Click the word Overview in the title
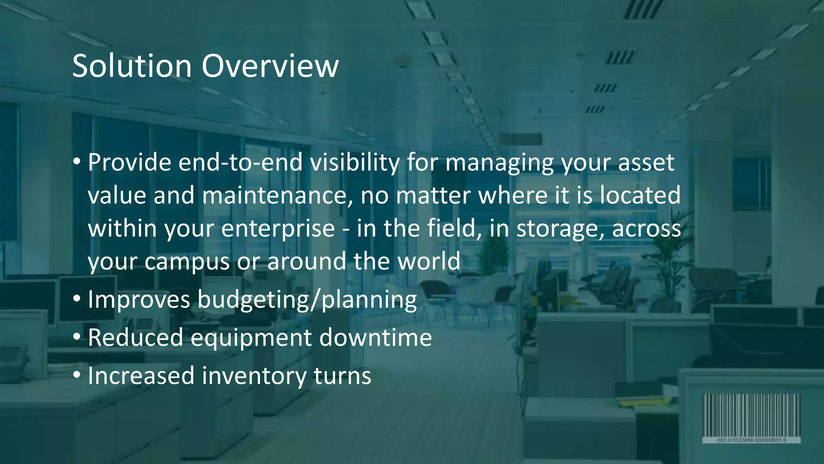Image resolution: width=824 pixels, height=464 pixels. pos(270,66)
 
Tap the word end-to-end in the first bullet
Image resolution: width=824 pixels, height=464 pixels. pos(240,162)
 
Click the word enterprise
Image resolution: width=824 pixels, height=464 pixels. pos(278,228)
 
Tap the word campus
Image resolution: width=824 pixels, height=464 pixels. pos(187,261)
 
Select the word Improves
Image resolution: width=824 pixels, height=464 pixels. pos(139,300)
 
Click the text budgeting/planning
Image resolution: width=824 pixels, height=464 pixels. pos(307,300)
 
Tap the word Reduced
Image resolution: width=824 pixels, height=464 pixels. pos(135,338)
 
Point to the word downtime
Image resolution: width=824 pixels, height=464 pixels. pos(375,338)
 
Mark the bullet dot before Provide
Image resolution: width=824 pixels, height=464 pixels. pos(77,162)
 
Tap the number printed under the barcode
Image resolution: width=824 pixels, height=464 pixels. pos(751,440)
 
